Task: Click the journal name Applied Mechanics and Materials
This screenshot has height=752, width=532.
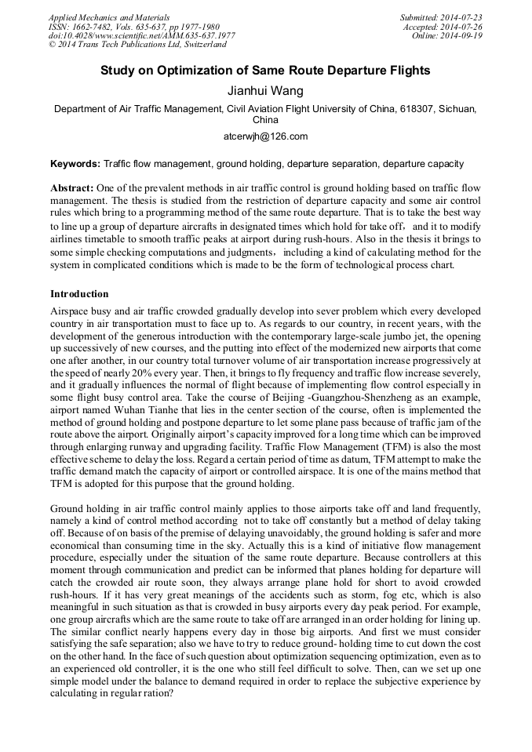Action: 108,17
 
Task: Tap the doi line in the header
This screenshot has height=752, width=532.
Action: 141,36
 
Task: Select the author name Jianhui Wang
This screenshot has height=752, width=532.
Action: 265,91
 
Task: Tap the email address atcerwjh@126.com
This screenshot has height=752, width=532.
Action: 265,136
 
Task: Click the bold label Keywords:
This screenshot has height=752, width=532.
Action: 75,165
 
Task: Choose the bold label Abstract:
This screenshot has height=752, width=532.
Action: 72,189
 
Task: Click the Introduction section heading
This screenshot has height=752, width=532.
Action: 79,294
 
